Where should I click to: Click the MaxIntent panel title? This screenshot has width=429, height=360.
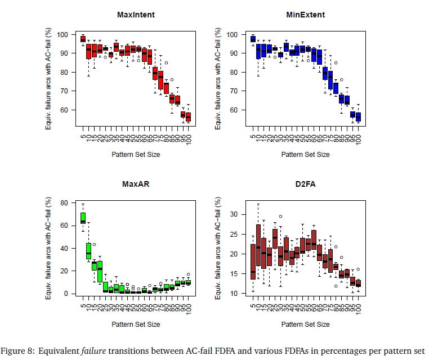tap(136, 15)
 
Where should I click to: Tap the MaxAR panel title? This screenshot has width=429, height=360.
tap(136, 183)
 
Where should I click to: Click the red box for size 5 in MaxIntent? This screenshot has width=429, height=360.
tap(83, 39)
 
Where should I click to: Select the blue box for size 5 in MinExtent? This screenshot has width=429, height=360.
tap(253, 39)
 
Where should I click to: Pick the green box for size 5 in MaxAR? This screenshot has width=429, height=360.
tap(83, 218)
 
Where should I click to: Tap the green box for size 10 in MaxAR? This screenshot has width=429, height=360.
tap(88, 251)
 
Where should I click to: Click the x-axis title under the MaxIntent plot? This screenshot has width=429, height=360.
tap(136, 154)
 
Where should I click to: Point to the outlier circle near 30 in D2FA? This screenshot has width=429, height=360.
tap(280, 216)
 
